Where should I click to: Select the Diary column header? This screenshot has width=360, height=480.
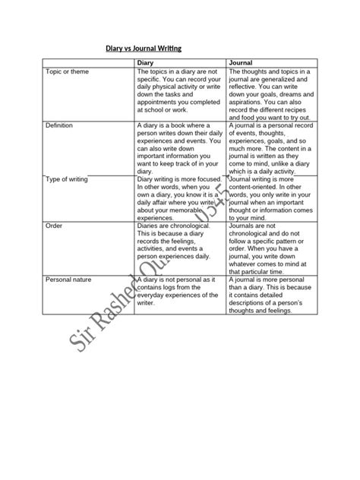tap(145, 62)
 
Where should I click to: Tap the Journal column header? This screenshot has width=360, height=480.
tap(241, 62)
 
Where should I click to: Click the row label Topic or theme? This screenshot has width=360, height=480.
tap(65, 71)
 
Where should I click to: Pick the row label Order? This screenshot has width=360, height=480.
tap(54, 226)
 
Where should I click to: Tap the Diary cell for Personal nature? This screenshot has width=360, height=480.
tap(179, 292)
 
